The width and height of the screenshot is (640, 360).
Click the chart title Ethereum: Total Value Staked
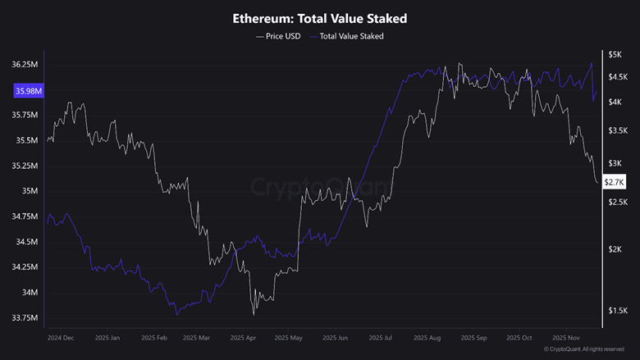click(320, 17)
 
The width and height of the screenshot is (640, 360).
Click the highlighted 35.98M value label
click(28, 91)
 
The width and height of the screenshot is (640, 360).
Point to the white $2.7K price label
click(615, 181)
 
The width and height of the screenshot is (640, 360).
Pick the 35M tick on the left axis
click(30, 191)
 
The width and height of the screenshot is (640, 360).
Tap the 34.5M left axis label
click(29, 242)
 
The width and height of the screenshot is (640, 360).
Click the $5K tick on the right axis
click(615, 54)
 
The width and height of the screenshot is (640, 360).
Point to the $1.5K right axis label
click(616, 311)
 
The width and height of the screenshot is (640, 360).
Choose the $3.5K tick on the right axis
click(616, 130)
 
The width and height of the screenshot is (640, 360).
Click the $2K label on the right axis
click(615, 249)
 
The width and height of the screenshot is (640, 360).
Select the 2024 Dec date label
click(61, 337)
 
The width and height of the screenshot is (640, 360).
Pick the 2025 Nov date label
click(567, 337)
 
